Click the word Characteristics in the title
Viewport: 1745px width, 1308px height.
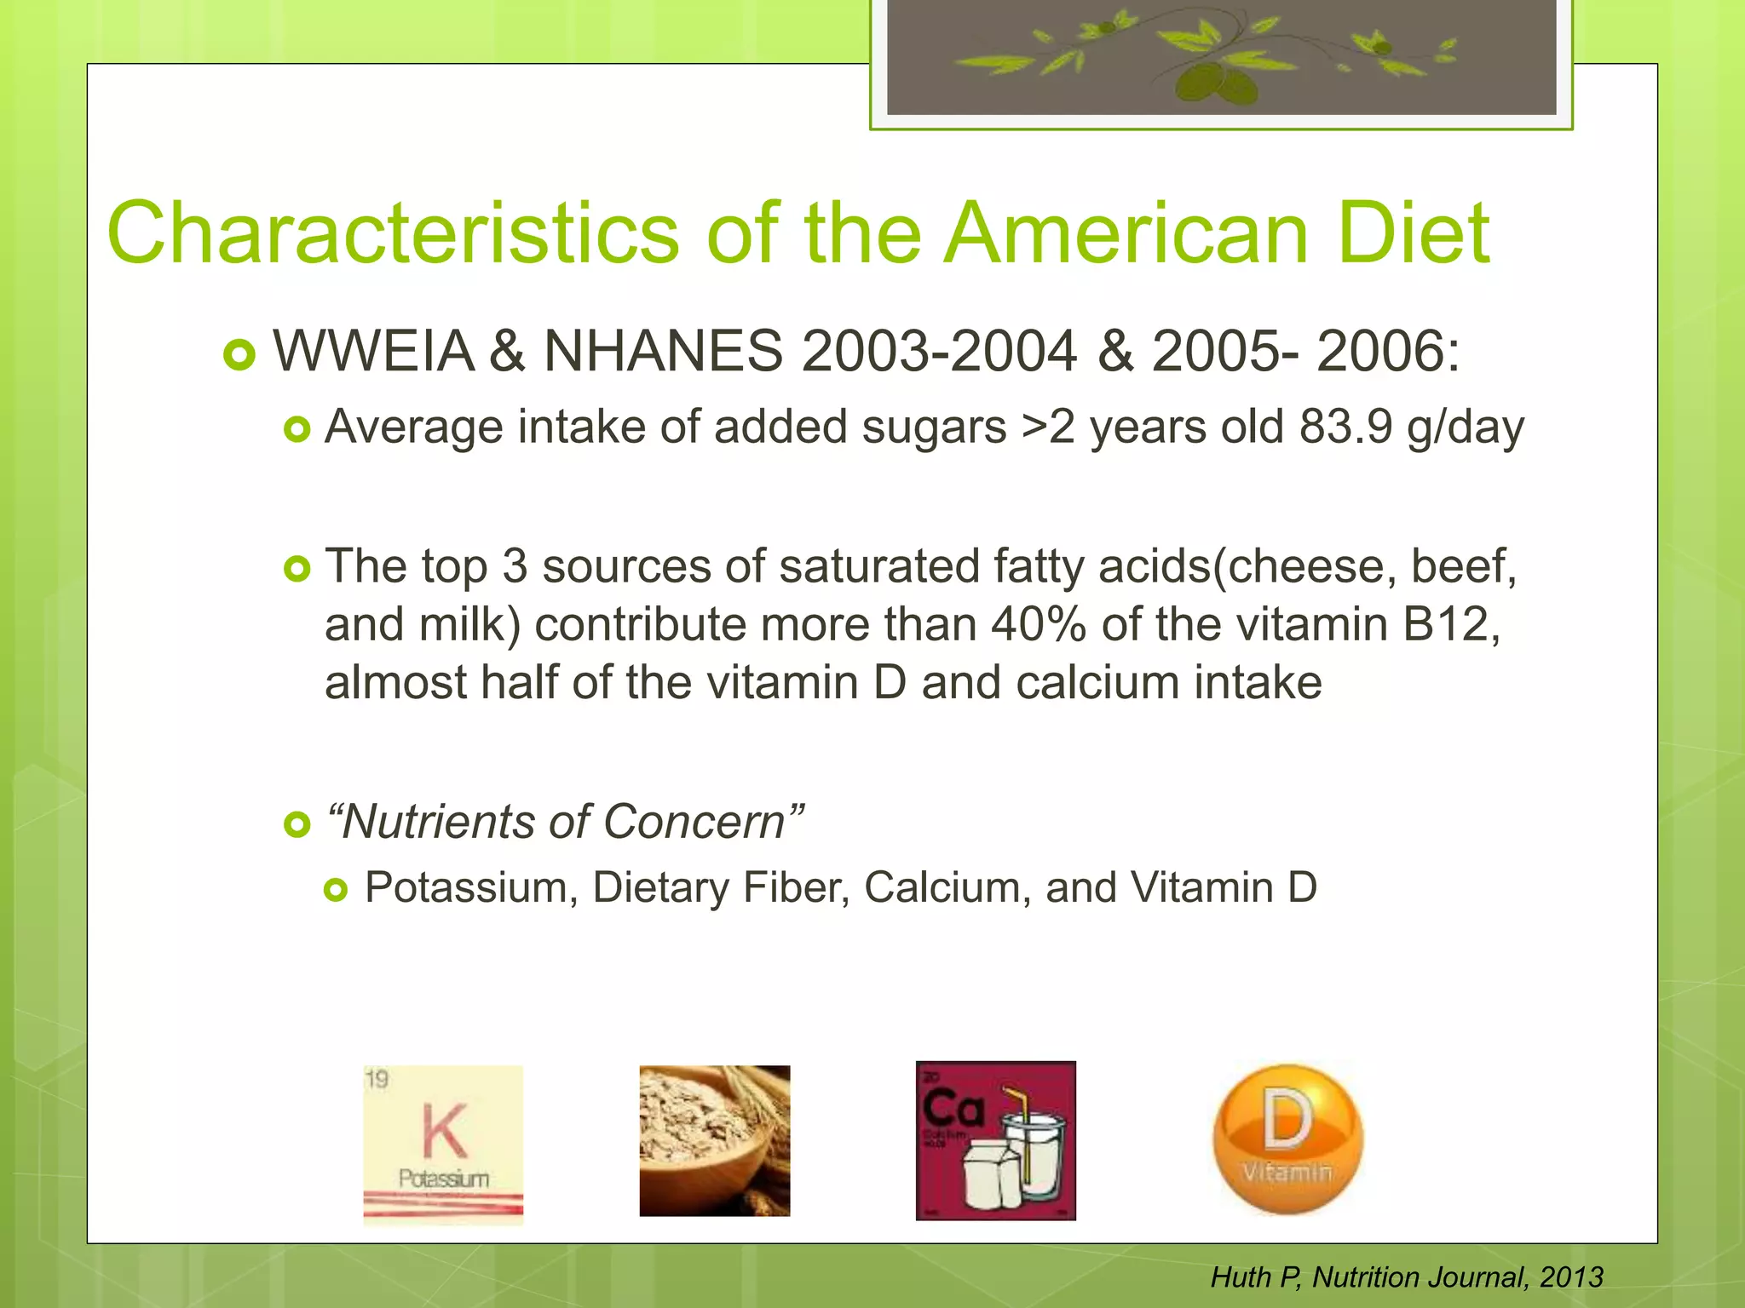pyautogui.click(x=393, y=233)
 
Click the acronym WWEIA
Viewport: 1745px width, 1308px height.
pyautogui.click(x=373, y=351)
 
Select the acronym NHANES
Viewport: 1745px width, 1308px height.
pyautogui.click(x=663, y=351)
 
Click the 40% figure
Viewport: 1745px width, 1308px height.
pyautogui.click(x=1038, y=624)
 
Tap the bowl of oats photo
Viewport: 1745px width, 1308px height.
pyautogui.click(x=714, y=1140)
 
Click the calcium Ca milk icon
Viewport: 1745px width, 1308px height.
pyautogui.click(x=995, y=1140)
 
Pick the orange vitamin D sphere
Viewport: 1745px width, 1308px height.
pyautogui.click(x=1287, y=1139)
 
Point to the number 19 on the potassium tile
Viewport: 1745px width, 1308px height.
pyautogui.click(x=377, y=1081)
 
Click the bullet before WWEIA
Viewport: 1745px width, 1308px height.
pyautogui.click(x=239, y=354)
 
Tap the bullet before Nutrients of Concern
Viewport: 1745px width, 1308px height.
pyautogui.click(x=297, y=824)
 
